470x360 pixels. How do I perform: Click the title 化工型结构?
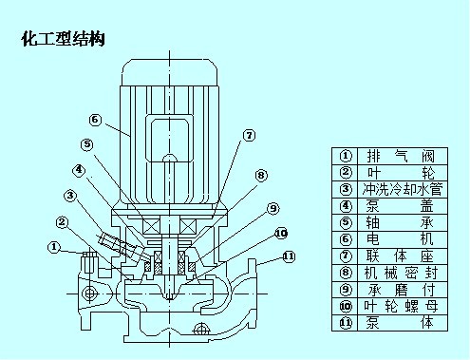(x=63, y=39)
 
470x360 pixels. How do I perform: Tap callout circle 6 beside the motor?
(x=95, y=120)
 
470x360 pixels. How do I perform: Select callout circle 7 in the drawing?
(x=249, y=136)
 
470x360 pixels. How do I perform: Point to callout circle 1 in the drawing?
(x=54, y=247)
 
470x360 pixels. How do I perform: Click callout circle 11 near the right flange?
(x=289, y=256)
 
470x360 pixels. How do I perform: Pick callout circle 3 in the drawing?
(x=70, y=196)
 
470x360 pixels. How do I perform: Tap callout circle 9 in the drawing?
(x=273, y=208)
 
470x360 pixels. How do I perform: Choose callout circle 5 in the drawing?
(x=87, y=144)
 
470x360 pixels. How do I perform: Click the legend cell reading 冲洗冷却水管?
(x=403, y=190)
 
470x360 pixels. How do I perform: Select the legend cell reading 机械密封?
(x=403, y=273)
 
